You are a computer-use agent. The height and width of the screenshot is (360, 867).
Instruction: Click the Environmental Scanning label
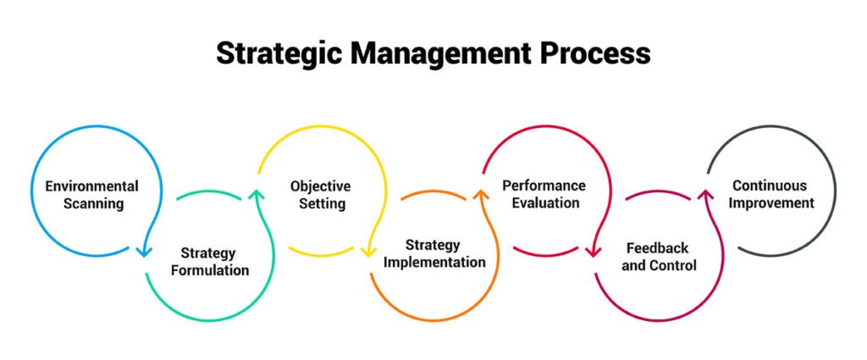91,195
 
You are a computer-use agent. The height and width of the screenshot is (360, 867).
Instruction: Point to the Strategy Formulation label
209,262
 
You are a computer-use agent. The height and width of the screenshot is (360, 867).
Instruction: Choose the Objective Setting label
320,195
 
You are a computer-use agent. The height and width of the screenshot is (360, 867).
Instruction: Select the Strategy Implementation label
434,253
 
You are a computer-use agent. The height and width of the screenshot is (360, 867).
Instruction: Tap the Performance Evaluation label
544,194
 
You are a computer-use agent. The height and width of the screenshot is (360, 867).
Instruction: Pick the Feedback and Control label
657,257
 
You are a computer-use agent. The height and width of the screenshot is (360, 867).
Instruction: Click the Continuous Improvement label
770,194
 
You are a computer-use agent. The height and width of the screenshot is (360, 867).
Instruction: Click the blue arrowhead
144,251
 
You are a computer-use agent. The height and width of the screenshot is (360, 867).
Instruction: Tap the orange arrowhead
480,195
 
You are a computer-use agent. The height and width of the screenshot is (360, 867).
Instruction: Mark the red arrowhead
593,251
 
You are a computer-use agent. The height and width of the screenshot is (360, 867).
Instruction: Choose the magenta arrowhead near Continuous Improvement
704,195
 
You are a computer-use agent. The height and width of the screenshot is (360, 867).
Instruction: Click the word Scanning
91,203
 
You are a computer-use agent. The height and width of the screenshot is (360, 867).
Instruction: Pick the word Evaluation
544,203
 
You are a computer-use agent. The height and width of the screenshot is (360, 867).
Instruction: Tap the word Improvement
770,203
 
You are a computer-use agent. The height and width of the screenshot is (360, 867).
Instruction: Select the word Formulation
209,271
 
